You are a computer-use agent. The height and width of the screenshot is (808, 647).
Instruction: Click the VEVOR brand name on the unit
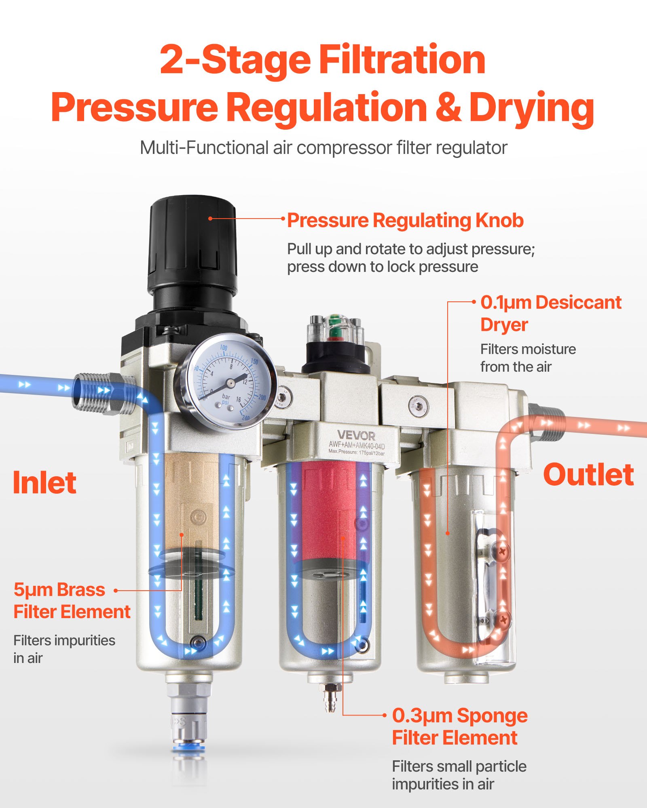pos(356,436)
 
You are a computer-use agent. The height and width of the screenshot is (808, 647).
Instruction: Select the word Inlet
pos(44,483)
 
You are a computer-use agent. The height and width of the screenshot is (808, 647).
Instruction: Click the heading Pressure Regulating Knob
pos(405,221)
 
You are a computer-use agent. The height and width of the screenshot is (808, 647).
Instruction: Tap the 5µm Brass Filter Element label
pos(72,601)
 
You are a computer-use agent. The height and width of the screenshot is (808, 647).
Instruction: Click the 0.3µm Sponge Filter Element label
pos(459,726)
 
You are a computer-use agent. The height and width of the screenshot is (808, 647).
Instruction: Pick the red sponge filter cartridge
pos(328,513)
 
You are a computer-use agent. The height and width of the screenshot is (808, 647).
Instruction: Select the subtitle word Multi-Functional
pos(204,148)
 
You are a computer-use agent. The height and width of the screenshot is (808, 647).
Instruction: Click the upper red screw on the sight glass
pos(503,550)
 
